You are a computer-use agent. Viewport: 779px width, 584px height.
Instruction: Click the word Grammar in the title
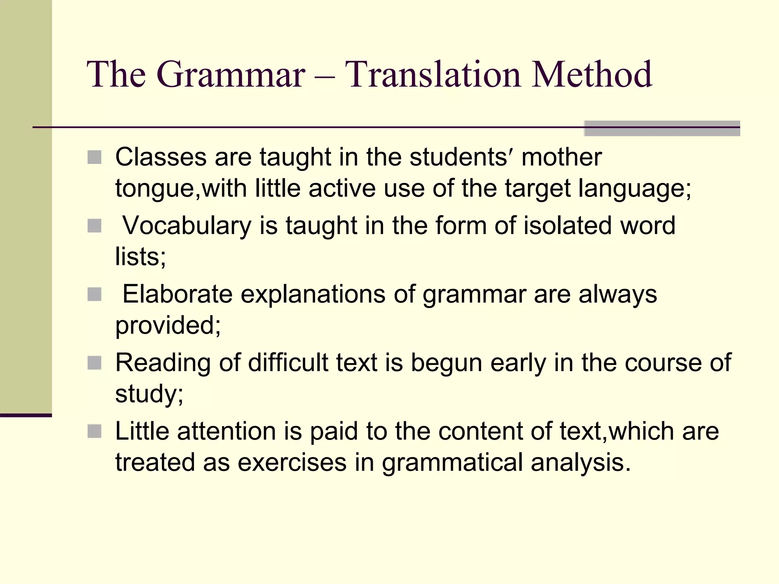tap(231, 75)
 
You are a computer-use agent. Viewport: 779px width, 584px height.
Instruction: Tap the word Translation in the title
tap(433, 75)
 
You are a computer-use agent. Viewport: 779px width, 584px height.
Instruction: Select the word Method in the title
tap(591, 75)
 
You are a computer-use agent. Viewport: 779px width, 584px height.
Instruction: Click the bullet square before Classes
tap(94, 157)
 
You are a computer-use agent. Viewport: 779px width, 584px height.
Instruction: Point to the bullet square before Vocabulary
tap(94, 225)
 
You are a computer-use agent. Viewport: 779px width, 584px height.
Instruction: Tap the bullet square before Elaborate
tap(94, 294)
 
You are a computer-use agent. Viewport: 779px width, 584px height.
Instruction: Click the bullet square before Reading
tap(94, 363)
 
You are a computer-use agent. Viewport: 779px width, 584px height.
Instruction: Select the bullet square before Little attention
tap(94, 431)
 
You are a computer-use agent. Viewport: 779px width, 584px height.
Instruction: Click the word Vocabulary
tap(187, 226)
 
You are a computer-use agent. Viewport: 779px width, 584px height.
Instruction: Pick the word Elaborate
tap(177, 294)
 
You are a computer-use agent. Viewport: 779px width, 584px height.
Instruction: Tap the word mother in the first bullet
tap(561, 157)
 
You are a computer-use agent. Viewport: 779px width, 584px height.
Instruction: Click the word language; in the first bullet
tap(635, 189)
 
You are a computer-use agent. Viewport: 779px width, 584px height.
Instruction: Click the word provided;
tap(168, 326)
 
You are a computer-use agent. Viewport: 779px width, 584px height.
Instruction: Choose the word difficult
tap(288, 363)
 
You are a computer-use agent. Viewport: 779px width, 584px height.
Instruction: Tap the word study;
tap(149, 394)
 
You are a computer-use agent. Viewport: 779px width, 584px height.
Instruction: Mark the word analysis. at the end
tap(581, 463)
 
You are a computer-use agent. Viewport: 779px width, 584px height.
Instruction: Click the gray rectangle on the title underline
tap(662, 129)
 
